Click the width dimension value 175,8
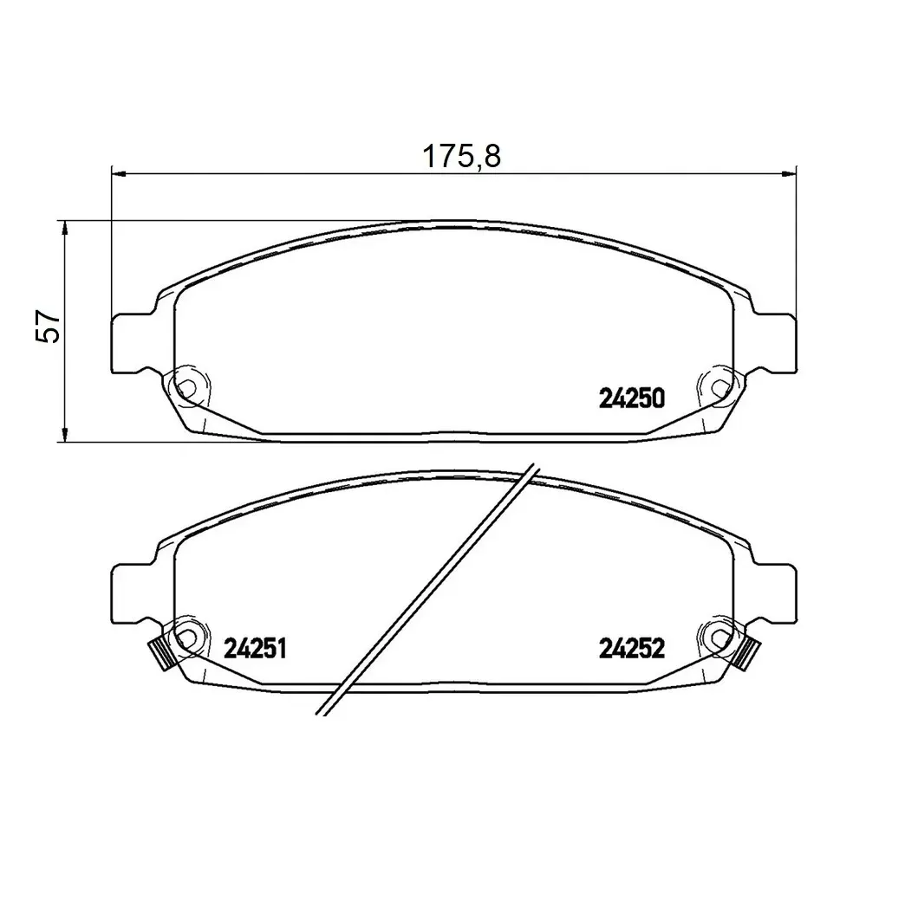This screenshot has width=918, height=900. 461,156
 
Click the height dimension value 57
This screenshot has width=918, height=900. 48,326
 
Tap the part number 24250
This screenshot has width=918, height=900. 632,399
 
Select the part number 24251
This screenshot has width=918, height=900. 255,649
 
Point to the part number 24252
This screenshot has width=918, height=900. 632,649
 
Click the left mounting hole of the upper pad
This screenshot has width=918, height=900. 186,387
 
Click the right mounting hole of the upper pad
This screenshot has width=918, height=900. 719,387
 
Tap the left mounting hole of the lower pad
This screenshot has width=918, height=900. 186,637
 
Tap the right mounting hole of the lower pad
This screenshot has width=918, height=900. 719,637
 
